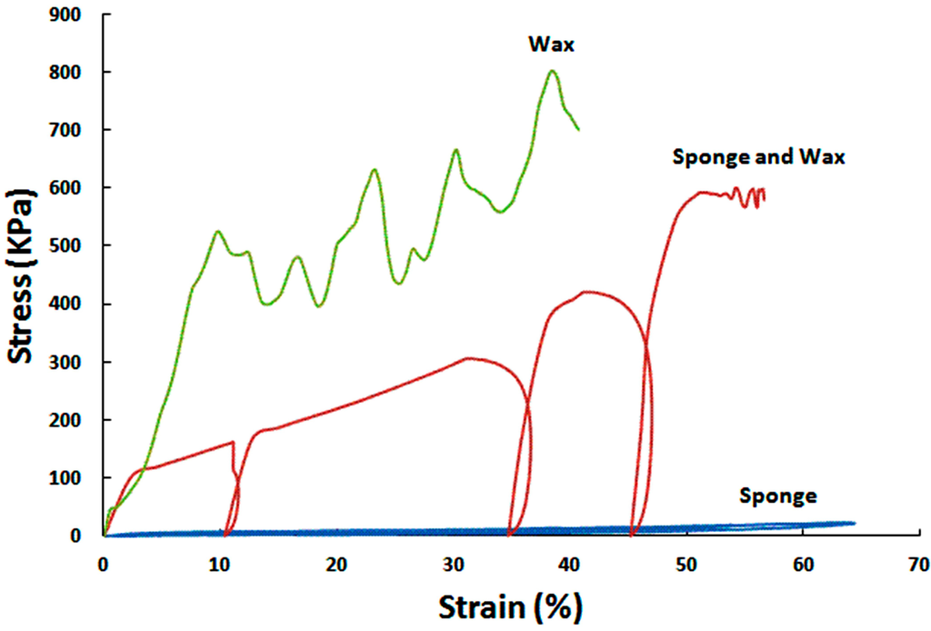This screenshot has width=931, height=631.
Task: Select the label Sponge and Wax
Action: (x=758, y=156)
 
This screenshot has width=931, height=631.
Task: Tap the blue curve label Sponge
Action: (x=778, y=496)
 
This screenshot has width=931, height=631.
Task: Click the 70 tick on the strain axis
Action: (x=919, y=565)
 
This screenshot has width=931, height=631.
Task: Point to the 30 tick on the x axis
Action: (x=453, y=565)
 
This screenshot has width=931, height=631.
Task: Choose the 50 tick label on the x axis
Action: (x=686, y=565)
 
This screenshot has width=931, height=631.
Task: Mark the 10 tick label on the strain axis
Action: (x=220, y=565)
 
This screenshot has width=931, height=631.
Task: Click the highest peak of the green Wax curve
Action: (x=552, y=71)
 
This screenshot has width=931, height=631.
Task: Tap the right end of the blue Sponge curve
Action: (x=854, y=523)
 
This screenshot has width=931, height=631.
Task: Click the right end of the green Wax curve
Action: (x=578, y=129)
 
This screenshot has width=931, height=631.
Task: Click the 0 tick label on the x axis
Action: (x=104, y=565)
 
